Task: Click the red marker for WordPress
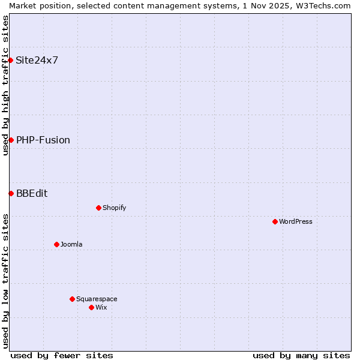(275, 221)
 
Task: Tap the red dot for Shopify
(98, 208)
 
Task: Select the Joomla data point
(56, 244)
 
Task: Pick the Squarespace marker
(72, 299)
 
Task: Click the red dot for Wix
(91, 307)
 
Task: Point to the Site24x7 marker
(11, 60)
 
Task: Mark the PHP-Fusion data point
(11, 140)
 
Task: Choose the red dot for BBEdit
(11, 193)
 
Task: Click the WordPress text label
(296, 221)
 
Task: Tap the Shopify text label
(114, 208)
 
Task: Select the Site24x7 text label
(37, 60)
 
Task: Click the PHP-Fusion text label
(43, 140)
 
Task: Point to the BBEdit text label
(32, 193)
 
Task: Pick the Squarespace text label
(97, 299)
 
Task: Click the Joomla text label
(71, 244)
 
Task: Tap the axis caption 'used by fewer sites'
(62, 355)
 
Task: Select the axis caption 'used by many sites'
(301, 355)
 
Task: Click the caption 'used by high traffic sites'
(5, 85)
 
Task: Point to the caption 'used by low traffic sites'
(5, 281)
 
